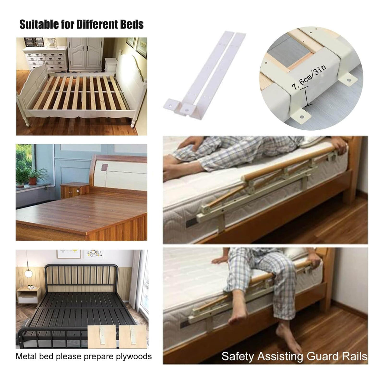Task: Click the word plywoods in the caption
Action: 134,356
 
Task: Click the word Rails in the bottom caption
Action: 354,356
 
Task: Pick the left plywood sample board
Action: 102,337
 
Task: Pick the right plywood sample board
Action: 133,337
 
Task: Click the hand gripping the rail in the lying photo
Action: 341,145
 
